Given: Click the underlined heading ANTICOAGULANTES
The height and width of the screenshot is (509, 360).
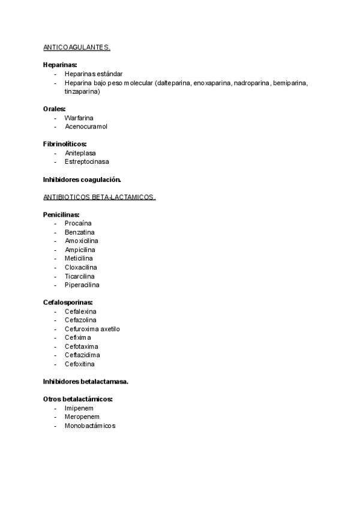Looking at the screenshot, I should click(x=77, y=47).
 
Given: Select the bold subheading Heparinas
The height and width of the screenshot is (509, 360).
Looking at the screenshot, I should click(x=60, y=65).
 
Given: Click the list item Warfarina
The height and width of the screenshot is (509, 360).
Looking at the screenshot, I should click(x=79, y=118).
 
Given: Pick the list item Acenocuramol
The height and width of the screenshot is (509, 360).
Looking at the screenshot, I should click(x=86, y=127).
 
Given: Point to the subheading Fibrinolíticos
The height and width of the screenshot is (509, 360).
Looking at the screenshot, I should click(x=65, y=144).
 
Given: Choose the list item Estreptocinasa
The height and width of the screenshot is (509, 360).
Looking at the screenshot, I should click(x=86, y=161).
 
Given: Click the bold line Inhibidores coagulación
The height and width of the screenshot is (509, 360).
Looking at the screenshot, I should click(x=82, y=179).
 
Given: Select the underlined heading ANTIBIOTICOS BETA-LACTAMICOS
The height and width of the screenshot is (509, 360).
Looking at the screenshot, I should click(x=99, y=197).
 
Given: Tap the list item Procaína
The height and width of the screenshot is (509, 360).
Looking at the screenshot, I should click(x=78, y=223).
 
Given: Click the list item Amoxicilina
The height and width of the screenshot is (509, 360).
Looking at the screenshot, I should click(x=81, y=241).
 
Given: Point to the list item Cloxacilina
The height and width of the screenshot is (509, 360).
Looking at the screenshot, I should click(x=81, y=267).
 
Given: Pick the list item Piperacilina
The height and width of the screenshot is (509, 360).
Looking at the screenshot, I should click(x=82, y=285).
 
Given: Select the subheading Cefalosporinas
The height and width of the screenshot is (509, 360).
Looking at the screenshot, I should click(x=68, y=303).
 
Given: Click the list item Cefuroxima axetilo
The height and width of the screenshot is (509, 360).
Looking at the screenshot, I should click(x=92, y=329).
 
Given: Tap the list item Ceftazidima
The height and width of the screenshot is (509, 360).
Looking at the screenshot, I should click(x=82, y=355).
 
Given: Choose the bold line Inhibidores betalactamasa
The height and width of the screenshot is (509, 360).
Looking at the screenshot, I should click(x=86, y=381).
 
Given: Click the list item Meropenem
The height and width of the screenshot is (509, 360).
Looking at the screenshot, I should click(x=82, y=417).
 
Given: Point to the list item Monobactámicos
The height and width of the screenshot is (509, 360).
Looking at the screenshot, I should click(x=90, y=426).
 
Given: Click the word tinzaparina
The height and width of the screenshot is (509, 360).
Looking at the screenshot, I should click(x=82, y=92).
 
